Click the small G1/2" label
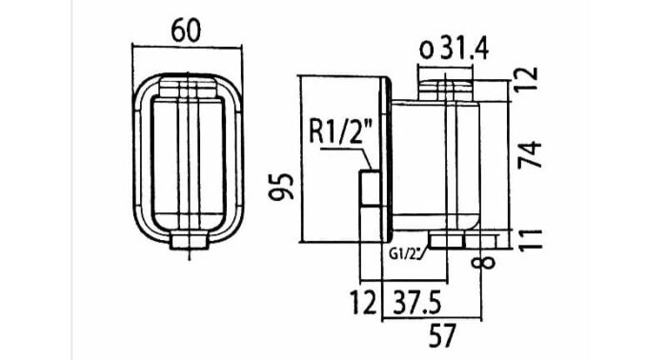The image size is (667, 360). [x=407, y=253]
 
